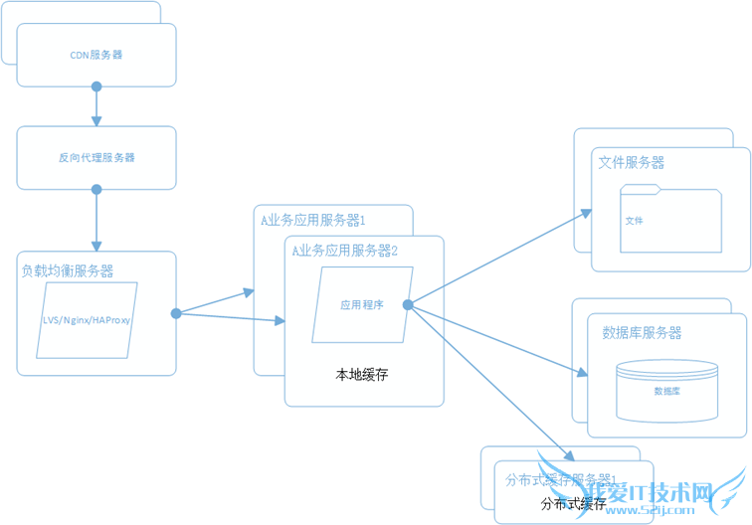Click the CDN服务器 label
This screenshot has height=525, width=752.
click(96, 55)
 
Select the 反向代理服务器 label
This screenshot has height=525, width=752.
click(96, 157)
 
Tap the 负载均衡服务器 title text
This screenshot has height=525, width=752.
click(68, 270)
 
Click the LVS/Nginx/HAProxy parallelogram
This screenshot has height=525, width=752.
click(88, 320)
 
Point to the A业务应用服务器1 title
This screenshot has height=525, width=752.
click(313, 221)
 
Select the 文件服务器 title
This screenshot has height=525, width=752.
click(632, 162)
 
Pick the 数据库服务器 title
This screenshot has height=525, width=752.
click(643, 333)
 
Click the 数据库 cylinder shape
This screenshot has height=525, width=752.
click(666, 391)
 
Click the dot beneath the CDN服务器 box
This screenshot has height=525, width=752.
click(96, 87)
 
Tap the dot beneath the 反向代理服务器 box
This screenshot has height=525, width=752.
click(96, 189)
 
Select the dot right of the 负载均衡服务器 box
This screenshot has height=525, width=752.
click(176, 313)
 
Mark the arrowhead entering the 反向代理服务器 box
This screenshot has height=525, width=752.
click(96, 121)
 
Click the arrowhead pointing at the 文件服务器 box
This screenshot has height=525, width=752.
click(586, 210)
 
